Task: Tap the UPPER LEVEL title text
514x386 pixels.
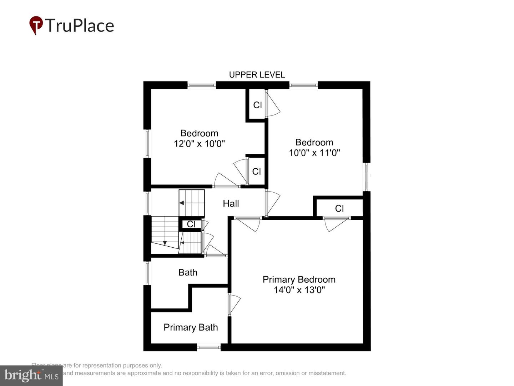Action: tap(257, 75)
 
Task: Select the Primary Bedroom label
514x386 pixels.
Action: tap(299, 279)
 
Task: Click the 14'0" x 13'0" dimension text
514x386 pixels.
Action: tap(299, 290)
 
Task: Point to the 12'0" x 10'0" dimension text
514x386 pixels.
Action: tap(199, 144)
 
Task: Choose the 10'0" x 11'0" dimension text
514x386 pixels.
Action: tap(314, 153)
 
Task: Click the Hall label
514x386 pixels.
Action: tap(231, 204)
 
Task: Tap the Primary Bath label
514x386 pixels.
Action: tap(191, 327)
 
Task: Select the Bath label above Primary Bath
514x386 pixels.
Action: tap(188, 272)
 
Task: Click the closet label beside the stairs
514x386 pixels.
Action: tap(191, 224)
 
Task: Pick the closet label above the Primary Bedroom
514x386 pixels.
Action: tap(339, 208)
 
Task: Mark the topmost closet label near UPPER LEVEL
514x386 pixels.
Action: tap(257, 105)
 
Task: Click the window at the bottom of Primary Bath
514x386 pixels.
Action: tap(209, 347)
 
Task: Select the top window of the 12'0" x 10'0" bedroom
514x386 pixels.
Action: tap(202, 85)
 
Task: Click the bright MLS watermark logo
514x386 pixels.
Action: tap(31, 376)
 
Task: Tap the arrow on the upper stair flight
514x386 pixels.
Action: tap(182, 203)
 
